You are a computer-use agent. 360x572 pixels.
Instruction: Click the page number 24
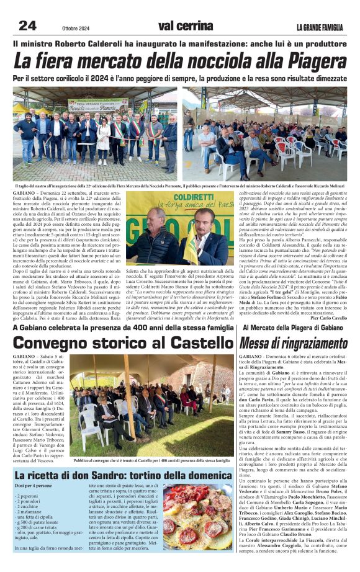coord(27,25)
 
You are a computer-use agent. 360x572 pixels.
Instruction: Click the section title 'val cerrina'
coord(186,25)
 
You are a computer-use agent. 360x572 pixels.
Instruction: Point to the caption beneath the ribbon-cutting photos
coord(180,185)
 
